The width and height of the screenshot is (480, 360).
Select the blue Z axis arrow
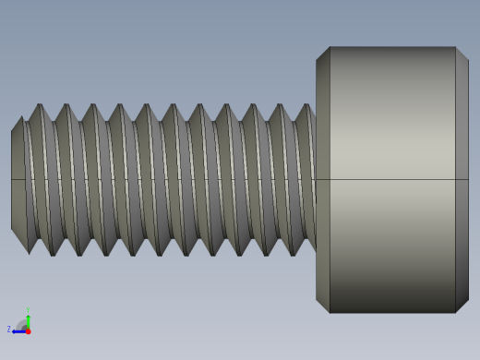[x=18, y=330]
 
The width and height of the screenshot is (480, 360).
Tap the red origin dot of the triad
[x=28, y=330]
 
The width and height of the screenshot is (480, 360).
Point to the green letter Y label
[x=28, y=310]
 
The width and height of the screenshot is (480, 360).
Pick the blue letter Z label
[x=9, y=330]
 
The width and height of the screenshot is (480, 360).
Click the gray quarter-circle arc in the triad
[x=22, y=324]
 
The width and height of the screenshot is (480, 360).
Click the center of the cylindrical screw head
[x=392, y=180]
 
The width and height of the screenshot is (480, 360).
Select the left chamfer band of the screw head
[x=323, y=180]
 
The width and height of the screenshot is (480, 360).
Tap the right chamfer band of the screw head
[x=462, y=180]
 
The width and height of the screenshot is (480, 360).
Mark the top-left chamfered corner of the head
[x=323, y=54]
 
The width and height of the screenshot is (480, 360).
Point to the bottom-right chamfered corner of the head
[x=462, y=306]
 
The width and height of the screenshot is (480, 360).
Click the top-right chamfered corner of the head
[x=462, y=54]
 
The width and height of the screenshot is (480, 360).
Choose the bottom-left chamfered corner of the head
[x=323, y=306]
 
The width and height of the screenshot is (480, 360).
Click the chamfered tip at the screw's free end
[x=17, y=180]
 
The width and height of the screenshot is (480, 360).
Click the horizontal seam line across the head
[x=392, y=179]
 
